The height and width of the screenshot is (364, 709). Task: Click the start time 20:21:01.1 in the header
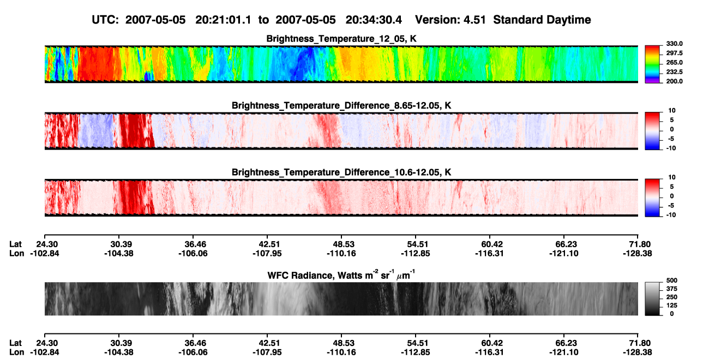223,20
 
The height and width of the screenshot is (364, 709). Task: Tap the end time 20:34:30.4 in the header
374,20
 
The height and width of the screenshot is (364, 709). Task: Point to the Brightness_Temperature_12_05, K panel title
341,39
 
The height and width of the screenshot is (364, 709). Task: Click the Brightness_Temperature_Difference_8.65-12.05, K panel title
341,105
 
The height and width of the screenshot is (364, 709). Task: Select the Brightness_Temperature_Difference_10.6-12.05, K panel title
341,172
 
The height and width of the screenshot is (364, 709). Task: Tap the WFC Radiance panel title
341,275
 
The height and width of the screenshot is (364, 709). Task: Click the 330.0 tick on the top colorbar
674,44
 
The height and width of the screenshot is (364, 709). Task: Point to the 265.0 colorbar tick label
674,62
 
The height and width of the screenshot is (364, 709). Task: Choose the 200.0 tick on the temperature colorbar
674,81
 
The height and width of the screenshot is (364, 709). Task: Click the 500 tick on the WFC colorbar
672,281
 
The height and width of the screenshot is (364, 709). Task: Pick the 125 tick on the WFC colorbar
672,306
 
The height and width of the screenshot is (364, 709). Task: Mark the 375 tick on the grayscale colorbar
672,289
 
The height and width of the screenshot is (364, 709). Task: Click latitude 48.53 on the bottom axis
341,343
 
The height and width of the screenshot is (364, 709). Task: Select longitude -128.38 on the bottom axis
638,353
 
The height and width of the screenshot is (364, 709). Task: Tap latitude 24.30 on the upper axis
44,244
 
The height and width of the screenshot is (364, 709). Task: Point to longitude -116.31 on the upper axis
489,253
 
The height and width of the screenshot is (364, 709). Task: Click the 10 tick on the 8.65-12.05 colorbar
672,111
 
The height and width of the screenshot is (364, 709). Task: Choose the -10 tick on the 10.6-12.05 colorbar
671,215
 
